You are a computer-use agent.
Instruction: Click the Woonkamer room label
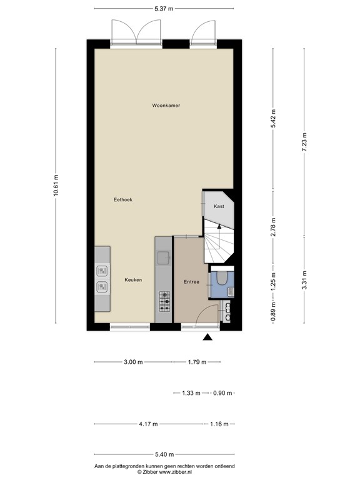point(166,106)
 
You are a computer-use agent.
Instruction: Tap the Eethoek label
point(122,199)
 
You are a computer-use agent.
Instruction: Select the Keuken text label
point(132,280)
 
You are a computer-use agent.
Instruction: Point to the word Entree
point(191,282)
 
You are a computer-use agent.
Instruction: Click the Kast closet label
point(219,206)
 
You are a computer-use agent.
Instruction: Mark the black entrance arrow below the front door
point(207,338)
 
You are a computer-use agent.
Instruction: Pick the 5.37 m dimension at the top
point(164,9)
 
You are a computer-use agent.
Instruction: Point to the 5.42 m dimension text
point(273,118)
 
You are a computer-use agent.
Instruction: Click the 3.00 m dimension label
point(132,362)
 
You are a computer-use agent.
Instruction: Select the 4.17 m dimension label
point(148,424)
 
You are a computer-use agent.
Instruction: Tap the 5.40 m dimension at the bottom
point(164,456)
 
